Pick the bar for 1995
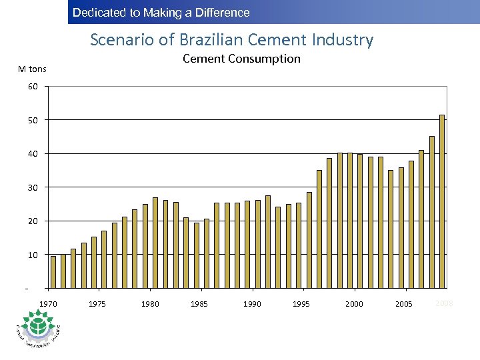click(x=309, y=240)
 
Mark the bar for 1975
click(x=104, y=259)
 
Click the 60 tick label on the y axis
click(x=33, y=87)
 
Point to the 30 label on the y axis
click(x=33, y=187)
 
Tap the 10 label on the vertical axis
click(x=33, y=255)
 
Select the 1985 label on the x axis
click(x=199, y=304)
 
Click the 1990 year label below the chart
click(x=252, y=304)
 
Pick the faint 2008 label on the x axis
click(x=444, y=303)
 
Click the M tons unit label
click(x=33, y=69)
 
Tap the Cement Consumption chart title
click(x=241, y=59)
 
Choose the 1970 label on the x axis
click(x=49, y=304)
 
